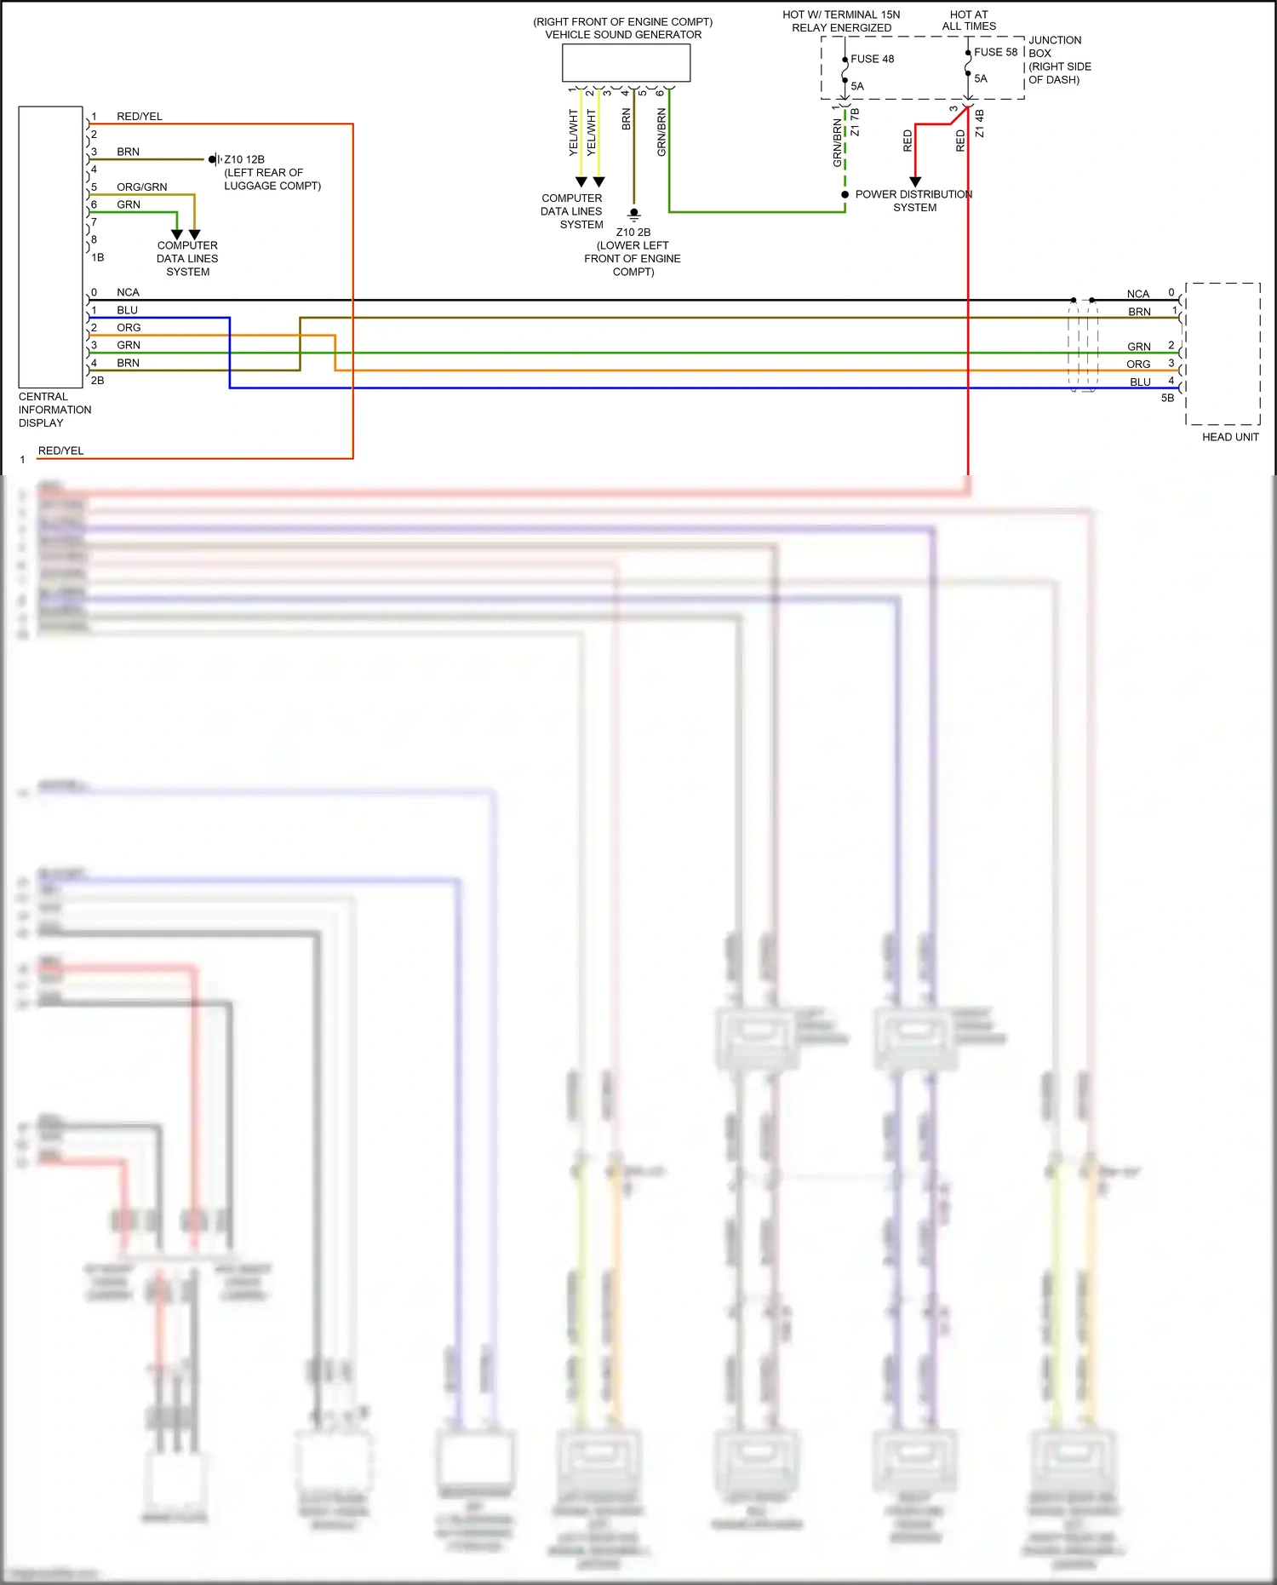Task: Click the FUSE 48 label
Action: point(872,59)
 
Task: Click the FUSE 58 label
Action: point(995,52)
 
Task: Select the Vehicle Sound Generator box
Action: point(626,63)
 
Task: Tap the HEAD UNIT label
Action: point(1229,437)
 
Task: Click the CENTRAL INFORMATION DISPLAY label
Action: point(54,410)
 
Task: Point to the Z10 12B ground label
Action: point(244,159)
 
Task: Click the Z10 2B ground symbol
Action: point(633,215)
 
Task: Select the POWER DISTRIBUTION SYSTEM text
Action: point(913,201)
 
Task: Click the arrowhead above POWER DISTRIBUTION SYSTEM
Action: point(915,181)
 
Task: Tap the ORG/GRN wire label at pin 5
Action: point(141,187)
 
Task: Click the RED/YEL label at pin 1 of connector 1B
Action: point(139,116)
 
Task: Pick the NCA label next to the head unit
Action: point(1137,294)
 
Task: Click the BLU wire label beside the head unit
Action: point(1140,382)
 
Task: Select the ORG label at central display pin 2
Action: point(129,328)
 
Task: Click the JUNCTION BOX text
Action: point(1054,46)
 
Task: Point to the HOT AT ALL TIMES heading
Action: point(969,20)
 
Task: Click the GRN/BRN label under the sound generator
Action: point(661,132)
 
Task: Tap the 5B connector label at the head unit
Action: point(1167,398)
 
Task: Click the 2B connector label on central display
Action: point(97,381)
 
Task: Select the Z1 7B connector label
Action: point(855,122)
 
